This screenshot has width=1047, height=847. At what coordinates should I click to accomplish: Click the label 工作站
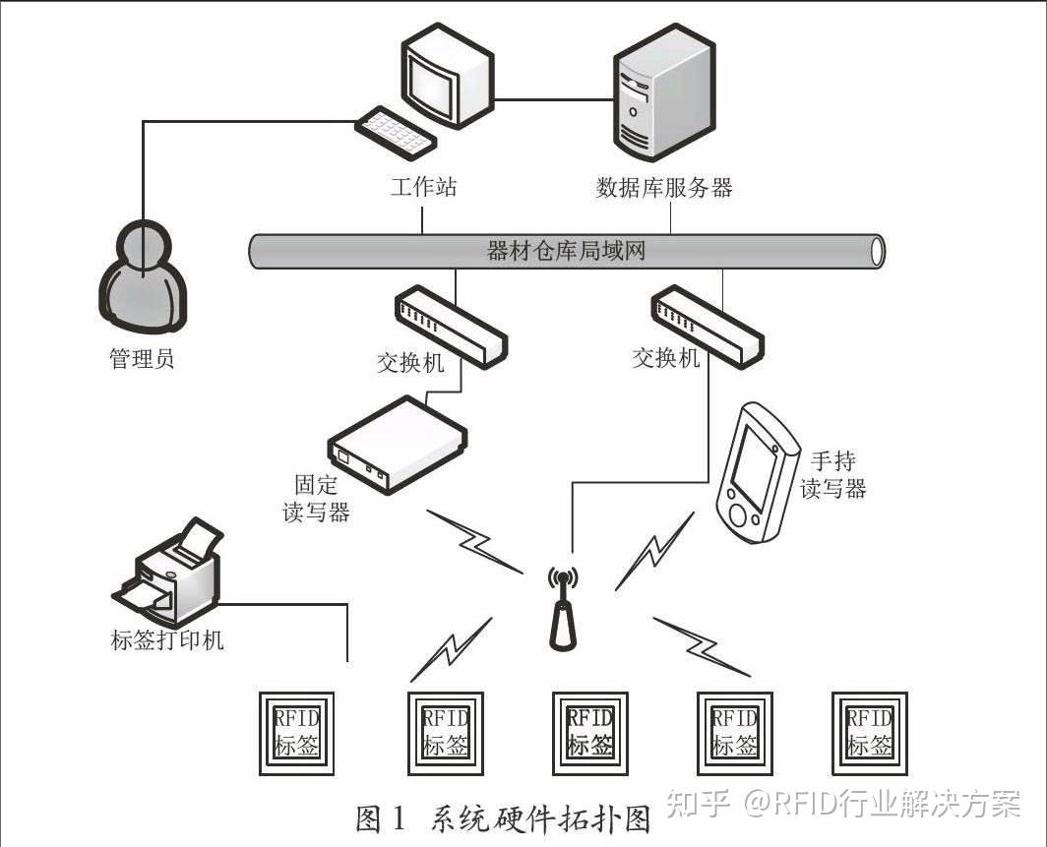pyautogui.click(x=423, y=187)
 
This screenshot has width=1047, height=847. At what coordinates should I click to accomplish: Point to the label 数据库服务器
pyautogui.click(x=664, y=187)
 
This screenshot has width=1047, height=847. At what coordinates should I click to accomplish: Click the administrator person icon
pyautogui.click(x=142, y=279)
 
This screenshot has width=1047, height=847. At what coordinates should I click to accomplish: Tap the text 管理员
pyautogui.click(x=142, y=358)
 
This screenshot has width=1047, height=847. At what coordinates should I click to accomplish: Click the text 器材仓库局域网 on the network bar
pyautogui.click(x=566, y=250)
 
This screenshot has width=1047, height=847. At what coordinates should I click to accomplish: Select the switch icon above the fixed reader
pyautogui.click(x=452, y=327)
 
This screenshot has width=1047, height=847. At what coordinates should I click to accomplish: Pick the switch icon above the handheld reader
pyautogui.click(x=707, y=322)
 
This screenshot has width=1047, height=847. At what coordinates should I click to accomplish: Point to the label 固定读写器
pyautogui.click(x=316, y=498)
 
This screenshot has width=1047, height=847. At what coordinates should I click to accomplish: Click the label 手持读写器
pyautogui.click(x=832, y=474)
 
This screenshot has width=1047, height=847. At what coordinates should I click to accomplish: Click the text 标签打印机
pyautogui.click(x=167, y=639)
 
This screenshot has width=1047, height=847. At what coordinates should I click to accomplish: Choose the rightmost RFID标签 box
pyautogui.click(x=870, y=732)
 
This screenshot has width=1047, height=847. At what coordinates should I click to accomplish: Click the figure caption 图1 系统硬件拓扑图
pyautogui.click(x=503, y=818)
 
